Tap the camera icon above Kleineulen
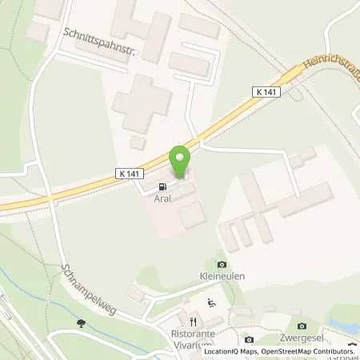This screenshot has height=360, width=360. pyautogui.click(x=221, y=265)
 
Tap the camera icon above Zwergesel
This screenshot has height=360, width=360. pyautogui.click(x=302, y=326)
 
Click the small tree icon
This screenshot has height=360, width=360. pyautogui.click(x=81, y=323)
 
